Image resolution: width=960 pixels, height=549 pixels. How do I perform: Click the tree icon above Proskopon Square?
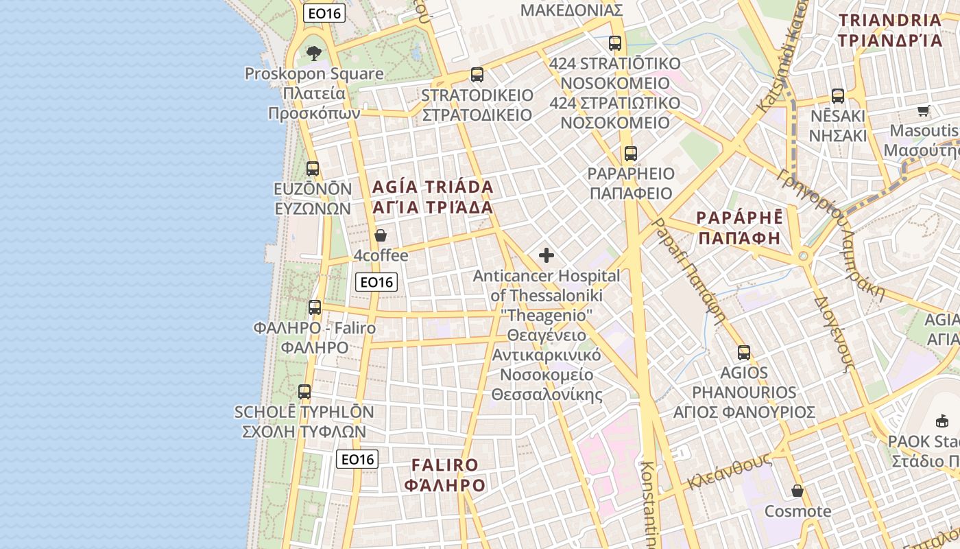coord(313,53)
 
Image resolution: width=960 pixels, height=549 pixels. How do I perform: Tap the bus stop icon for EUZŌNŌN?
coord(313,168)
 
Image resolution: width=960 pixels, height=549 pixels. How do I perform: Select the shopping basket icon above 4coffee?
coord(381,235)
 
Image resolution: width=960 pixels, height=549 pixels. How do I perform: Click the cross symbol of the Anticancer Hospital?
coord(547,255)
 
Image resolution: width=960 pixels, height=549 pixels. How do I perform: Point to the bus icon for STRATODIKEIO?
coord(477,74)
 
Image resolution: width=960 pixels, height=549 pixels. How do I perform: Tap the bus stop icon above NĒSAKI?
coord(837,95)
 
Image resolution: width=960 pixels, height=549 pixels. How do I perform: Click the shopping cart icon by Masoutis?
coord(924,110)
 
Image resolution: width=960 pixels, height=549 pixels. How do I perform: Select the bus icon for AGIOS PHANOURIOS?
coord(744,353)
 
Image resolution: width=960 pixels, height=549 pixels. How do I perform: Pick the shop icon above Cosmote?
coord(797,491)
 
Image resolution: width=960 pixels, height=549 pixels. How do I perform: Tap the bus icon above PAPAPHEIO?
coord(630,154)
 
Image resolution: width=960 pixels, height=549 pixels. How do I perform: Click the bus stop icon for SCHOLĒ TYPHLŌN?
coord(304,392)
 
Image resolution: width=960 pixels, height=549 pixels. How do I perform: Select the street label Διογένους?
coord(832,334)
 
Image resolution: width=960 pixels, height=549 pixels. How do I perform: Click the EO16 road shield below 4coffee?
coord(377,281)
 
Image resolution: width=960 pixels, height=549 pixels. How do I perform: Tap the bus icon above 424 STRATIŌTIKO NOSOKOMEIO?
coord(615,43)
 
